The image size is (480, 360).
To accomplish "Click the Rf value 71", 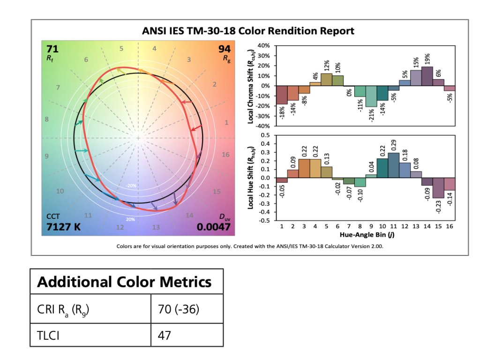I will click(x=52, y=49).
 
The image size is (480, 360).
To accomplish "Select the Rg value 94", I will click(x=224, y=49).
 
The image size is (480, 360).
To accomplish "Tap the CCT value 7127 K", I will click(x=64, y=227).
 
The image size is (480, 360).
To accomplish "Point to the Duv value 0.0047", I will click(x=213, y=227).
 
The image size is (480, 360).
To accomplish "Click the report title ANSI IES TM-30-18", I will click(x=248, y=31).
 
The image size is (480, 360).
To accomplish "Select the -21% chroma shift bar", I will click(x=371, y=97).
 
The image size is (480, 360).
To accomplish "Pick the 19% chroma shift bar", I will click(x=427, y=76).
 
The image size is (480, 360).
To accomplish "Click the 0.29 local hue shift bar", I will click(x=393, y=165).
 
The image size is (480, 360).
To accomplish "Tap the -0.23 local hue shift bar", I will click(x=438, y=188).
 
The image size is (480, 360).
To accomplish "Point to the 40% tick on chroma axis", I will click(x=263, y=45).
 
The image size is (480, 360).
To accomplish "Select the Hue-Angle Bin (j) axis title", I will click(x=365, y=233).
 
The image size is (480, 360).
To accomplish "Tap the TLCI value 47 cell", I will click(x=164, y=336).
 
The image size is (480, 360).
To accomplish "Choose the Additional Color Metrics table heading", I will click(x=124, y=282).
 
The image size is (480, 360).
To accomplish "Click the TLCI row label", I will click(x=49, y=336).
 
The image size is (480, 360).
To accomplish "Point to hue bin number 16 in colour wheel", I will click(x=225, y=155).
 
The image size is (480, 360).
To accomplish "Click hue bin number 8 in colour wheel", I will click(x=46, y=120).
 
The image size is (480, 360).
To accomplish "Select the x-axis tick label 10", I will click(x=382, y=226).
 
